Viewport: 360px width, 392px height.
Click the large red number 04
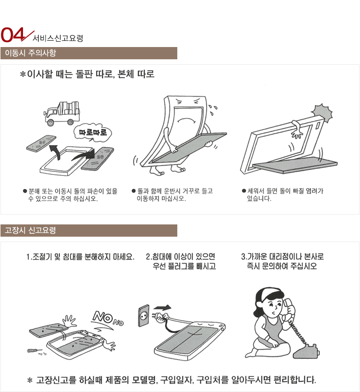pyautogui.click(x=13, y=34)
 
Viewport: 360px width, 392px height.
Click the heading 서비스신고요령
pyautogui.click(x=58, y=38)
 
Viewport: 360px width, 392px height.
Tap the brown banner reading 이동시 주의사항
pyautogui.click(x=89, y=53)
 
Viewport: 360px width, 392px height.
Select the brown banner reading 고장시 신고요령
pyautogui.click(x=89, y=230)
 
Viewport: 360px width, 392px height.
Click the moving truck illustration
pyautogui.click(x=62, y=113)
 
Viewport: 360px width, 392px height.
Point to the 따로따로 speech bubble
pyautogui.click(x=93, y=132)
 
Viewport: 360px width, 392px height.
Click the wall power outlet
pyautogui.click(x=144, y=316)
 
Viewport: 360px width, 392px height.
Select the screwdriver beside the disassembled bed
pyautogui.click(x=34, y=351)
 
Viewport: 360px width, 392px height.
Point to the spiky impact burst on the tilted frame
pyautogui.click(x=322, y=113)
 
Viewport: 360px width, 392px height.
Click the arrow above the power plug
pyautogui.click(x=163, y=307)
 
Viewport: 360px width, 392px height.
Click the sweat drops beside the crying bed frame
pyautogui.click(x=213, y=110)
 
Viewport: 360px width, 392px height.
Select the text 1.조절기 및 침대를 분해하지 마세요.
pyautogui.click(x=80, y=257)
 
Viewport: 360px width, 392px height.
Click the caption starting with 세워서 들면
pyautogui.click(x=283, y=195)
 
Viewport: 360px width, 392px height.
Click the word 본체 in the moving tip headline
pyautogui.click(x=126, y=74)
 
